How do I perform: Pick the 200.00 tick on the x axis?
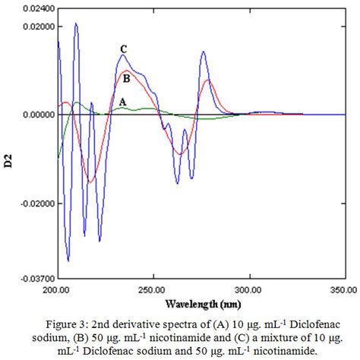(x=58, y=289)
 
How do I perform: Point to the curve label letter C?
(x=122, y=49)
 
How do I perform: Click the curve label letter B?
(x=126, y=77)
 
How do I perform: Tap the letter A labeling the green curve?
(x=122, y=101)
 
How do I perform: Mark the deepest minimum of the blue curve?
(x=68, y=261)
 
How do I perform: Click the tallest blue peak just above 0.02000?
(x=76, y=24)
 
